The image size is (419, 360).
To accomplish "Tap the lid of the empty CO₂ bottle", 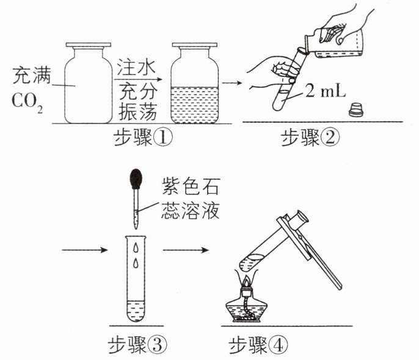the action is coord(89,45).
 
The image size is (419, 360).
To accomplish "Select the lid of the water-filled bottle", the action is coord(194,45).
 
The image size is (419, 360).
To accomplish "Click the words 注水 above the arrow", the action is coord(136,67).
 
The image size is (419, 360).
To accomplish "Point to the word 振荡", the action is coord(137,112).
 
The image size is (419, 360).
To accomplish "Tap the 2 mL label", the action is coord(326,91).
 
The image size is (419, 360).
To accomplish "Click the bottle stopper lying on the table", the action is coord(356,109).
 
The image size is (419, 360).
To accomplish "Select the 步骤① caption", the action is coord(143,138).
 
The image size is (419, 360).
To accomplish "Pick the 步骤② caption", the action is coord(310,138).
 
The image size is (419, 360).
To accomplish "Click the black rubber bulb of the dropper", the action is coord(136,178).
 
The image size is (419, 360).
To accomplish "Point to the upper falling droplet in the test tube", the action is coord(136,248).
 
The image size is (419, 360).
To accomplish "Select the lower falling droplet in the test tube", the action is coord(136,263).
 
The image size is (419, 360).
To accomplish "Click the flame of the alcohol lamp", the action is coord(246,281).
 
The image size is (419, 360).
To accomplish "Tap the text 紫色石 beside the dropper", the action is coord(191,186).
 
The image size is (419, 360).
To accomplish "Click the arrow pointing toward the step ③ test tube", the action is coord(84,250).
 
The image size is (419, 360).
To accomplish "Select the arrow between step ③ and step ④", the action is coord(186,250).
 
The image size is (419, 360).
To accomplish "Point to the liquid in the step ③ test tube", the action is coord(136,310).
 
